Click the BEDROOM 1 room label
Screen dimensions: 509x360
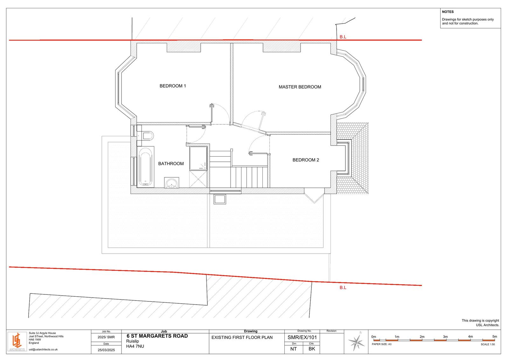(x=173, y=86)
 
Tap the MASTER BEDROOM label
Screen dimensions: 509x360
(x=300, y=87)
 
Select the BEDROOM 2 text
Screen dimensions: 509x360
(x=306, y=160)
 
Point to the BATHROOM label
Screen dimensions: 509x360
(x=171, y=164)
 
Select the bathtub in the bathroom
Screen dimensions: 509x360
(x=145, y=166)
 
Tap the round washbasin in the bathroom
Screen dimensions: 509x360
(x=171, y=183)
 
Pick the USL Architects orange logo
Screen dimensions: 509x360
(x=17, y=342)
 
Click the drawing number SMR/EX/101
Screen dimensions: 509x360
(x=302, y=337)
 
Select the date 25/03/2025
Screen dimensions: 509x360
(x=106, y=350)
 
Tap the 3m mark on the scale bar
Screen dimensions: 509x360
(x=445, y=336)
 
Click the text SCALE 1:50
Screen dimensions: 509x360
(x=488, y=344)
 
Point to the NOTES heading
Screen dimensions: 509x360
(x=448, y=12)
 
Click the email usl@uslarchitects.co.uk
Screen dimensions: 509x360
(x=43, y=349)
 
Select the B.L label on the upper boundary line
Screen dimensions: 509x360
(x=343, y=37)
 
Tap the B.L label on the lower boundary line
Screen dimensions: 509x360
(x=343, y=288)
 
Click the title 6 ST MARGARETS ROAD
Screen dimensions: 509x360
(x=157, y=336)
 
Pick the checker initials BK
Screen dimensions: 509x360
(x=312, y=349)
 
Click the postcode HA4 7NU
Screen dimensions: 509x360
(x=135, y=346)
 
